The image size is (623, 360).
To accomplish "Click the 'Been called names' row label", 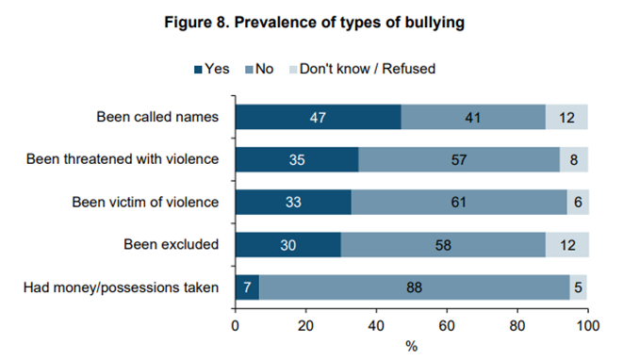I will (x=157, y=118).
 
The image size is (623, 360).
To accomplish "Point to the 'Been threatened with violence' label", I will (x=123, y=159).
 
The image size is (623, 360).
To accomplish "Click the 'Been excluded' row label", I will (x=172, y=244).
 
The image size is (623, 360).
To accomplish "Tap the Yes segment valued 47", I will (x=318, y=118).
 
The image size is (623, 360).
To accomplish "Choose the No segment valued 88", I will (x=415, y=286).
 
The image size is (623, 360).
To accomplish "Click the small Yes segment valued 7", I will (x=247, y=286).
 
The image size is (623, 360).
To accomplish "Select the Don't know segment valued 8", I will (x=574, y=160).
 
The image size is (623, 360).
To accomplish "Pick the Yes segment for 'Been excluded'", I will (x=287, y=244).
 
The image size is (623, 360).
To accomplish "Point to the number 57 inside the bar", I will (x=459, y=160).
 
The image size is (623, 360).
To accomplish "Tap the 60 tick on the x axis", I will (x=447, y=324).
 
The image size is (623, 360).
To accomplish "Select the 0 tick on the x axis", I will (x=236, y=324).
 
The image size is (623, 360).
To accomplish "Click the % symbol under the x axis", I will (x=412, y=346).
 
